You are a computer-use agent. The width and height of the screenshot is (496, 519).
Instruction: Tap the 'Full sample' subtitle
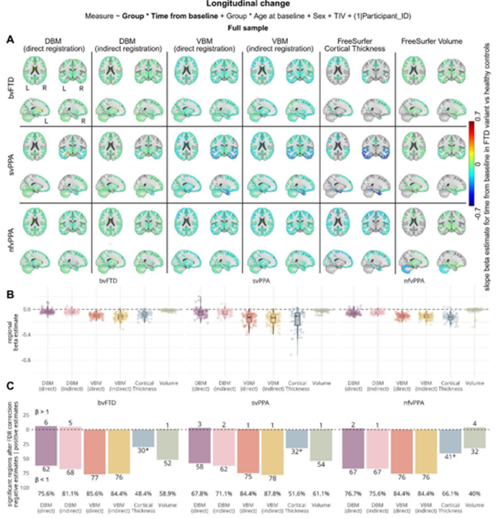[247, 28]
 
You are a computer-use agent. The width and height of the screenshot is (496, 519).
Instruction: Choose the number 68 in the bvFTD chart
[71, 472]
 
